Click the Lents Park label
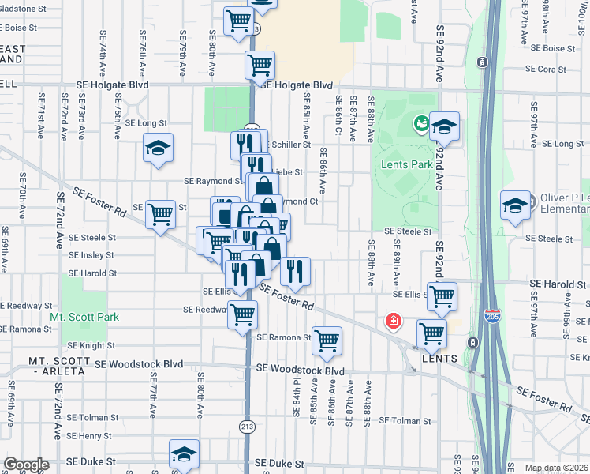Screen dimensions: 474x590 pos(407,165)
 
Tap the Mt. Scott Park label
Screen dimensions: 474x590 pos(84,317)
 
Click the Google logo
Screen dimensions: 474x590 pos(26,465)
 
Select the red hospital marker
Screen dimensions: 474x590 pos(391,322)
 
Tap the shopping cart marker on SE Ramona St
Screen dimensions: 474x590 pos(326,340)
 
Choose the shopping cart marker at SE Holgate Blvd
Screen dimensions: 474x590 pos(260,65)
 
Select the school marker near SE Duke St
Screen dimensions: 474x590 pos(184,454)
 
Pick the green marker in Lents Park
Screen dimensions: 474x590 pos(421,123)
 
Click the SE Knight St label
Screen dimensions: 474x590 pos(91,345)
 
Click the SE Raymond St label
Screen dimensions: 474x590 pos(211,181)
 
